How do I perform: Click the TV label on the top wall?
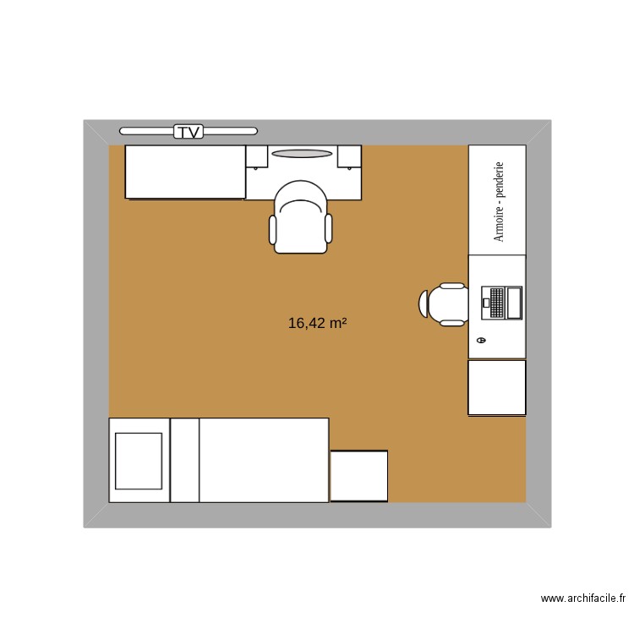click(x=189, y=131)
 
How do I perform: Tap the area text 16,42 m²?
click(x=318, y=323)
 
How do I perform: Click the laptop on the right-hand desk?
click(x=502, y=303)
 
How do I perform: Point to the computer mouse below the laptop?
click(x=481, y=340)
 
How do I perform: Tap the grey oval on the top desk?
click(x=301, y=154)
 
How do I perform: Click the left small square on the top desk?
click(x=257, y=156)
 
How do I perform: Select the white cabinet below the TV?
click(x=185, y=172)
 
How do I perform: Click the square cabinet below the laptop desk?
click(x=497, y=387)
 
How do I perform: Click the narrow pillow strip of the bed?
click(x=185, y=460)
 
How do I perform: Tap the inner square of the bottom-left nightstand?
click(x=138, y=461)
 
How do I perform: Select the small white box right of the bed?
click(x=358, y=476)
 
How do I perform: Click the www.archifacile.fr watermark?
click(x=583, y=598)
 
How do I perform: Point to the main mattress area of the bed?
click(x=264, y=460)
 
